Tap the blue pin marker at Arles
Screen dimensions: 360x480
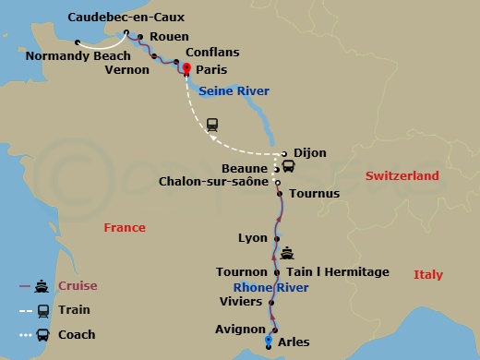coord(269,341)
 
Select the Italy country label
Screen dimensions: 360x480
coord(427,274)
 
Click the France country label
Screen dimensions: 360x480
coord(125,227)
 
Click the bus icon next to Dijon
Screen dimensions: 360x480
coord(288,167)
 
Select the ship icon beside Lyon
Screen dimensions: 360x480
coord(288,252)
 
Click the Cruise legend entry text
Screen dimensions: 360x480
coord(78,286)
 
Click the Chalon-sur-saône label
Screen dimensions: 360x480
coord(216,182)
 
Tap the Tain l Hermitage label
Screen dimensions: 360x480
coord(340,272)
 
